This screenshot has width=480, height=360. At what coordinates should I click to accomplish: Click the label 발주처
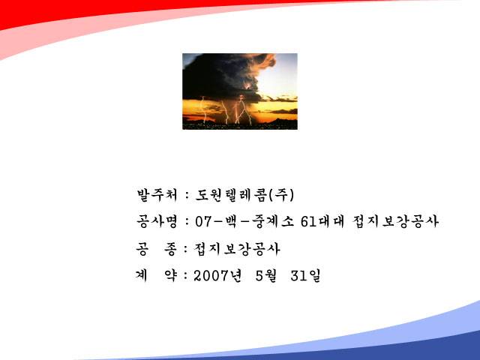[157, 195]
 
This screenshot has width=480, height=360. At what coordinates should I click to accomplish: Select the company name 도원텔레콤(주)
[244, 195]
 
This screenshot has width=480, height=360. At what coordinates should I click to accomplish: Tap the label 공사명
[157, 221]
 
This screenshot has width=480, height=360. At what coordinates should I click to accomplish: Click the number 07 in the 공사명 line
[203, 221]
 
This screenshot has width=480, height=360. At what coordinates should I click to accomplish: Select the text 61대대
[322, 221]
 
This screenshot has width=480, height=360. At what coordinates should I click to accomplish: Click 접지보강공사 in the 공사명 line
[395, 221]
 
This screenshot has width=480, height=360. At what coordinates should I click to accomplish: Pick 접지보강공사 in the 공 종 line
[237, 249]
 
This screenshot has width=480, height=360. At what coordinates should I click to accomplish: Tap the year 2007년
[217, 275]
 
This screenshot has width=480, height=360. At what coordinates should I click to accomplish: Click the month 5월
[266, 275]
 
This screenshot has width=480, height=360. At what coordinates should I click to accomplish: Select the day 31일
[305, 275]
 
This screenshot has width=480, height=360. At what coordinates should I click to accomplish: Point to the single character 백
[230, 221]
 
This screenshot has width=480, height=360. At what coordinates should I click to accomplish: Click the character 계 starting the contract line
[142, 275]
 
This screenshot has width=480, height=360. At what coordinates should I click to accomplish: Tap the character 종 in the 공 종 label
[170, 249]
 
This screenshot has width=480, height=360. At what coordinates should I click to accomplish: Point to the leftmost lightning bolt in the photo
[204, 109]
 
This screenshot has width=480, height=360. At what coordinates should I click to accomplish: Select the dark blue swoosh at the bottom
[398, 349]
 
